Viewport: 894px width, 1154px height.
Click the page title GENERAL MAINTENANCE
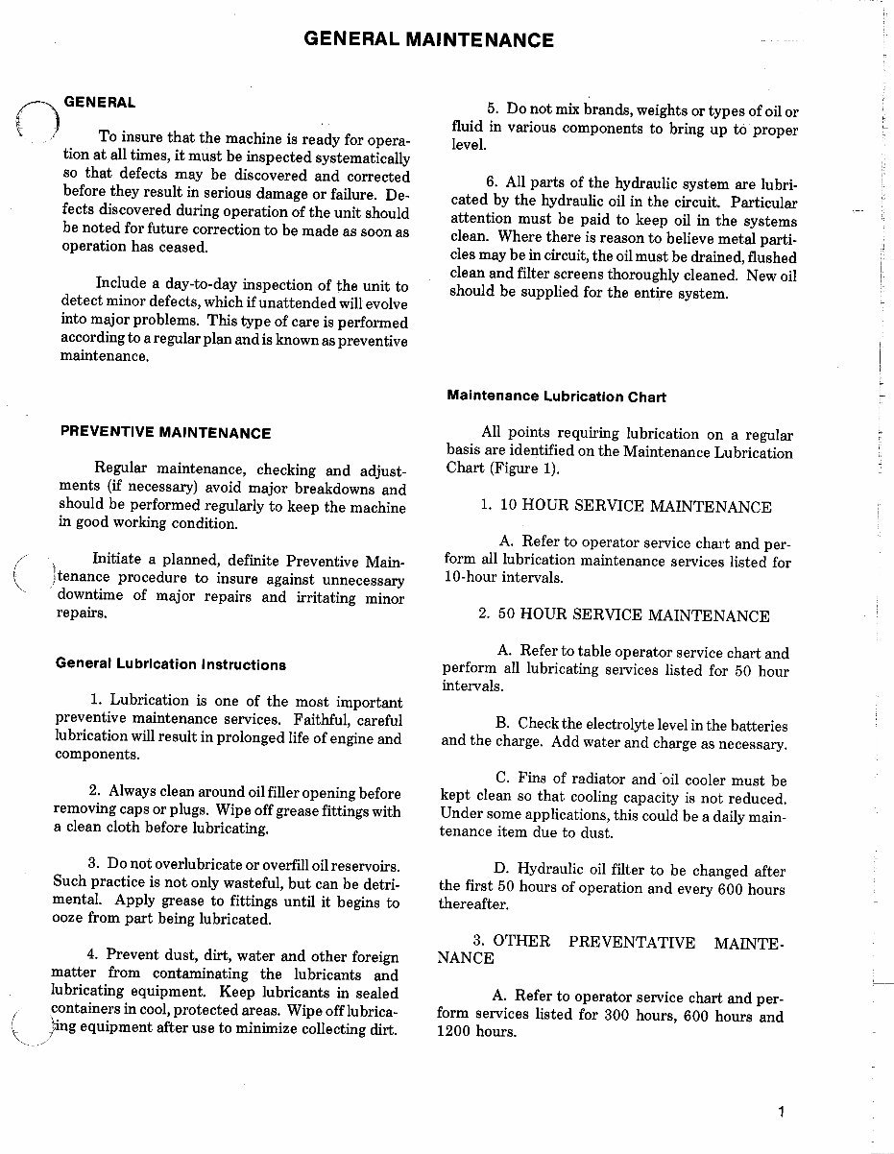coord(428,39)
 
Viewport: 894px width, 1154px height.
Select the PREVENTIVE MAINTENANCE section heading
coord(165,433)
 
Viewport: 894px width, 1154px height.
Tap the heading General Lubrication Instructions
coord(171,664)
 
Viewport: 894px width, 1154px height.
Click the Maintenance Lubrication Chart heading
coord(556,396)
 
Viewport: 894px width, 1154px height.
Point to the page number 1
coord(783,1113)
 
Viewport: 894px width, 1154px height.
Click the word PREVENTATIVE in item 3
coord(632,942)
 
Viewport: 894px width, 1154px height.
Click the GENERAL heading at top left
coord(99,102)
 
